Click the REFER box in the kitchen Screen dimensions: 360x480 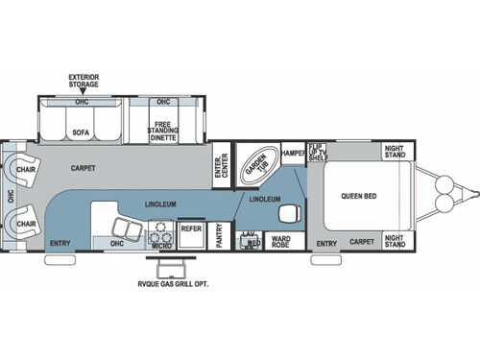point(191,231)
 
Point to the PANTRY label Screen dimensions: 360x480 point(219,237)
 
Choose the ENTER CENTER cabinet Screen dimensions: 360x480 point(219,162)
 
